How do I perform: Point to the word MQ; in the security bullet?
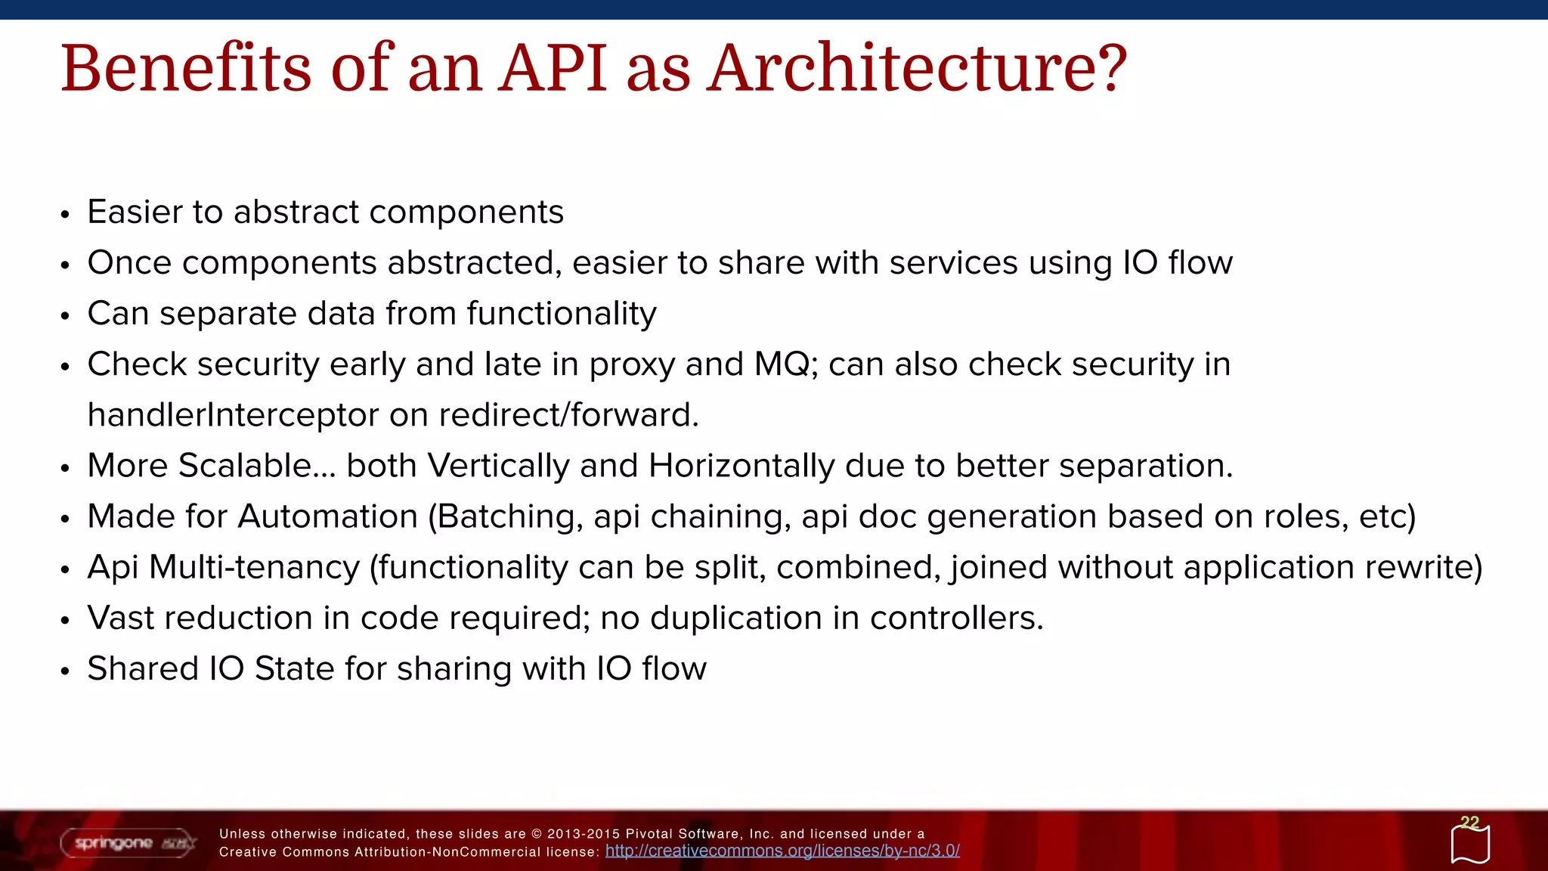[x=786, y=364]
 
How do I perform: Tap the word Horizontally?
[x=741, y=466]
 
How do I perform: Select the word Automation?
[x=328, y=516]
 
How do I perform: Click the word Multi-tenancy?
[x=254, y=567]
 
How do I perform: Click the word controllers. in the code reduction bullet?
[x=956, y=618]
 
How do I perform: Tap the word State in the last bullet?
[x=294, y=668]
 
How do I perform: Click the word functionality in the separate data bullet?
[x=561, y=314]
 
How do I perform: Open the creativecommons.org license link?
[x=782, y=851]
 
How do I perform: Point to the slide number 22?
[x=1469, y=822]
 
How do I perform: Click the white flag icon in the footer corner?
[x=1470, y=845]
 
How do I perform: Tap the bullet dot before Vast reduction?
[x=65, y=621]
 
